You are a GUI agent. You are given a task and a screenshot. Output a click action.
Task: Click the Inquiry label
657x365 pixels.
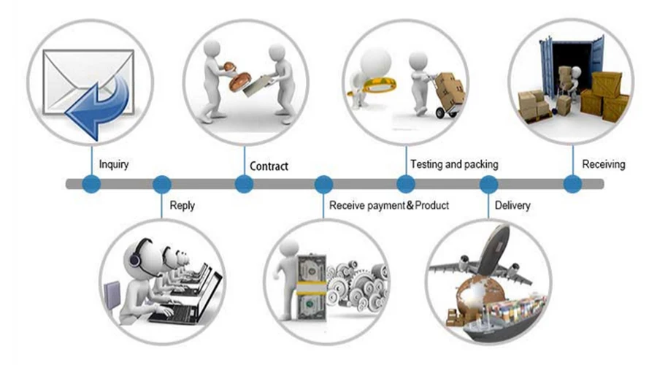click(x=114, y=164)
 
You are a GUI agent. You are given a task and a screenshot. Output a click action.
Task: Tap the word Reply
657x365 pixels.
click(x=182, y=206)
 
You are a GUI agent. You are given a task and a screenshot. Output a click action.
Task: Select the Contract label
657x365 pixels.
click(x=269, y=166)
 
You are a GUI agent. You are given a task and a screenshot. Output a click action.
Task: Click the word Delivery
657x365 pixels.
click(x=512, y=205)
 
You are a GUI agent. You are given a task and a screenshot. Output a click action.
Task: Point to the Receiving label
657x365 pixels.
click(x=604, y=164)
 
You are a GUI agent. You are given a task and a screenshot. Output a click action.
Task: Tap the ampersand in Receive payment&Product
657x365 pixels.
click(x=410, y=205)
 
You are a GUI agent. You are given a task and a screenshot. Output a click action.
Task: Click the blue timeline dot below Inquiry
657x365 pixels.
click(x=91, y=184)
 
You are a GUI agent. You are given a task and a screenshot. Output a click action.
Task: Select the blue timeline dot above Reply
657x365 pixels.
click(x=162, y=184)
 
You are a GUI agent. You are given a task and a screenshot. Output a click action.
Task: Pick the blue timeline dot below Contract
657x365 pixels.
click(x=244, y=184)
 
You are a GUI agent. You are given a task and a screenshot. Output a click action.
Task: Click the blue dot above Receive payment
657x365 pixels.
click(x=323, y=184)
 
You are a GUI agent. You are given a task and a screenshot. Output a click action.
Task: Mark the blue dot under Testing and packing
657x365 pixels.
click(x=406, y=184)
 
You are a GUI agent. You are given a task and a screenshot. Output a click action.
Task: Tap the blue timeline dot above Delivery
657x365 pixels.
click(x=488, y=184)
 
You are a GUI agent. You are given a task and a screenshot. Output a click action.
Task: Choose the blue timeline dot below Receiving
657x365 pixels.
click(x=573, y=184)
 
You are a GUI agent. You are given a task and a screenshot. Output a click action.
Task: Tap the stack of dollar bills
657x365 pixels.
click(x=311, y=288)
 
